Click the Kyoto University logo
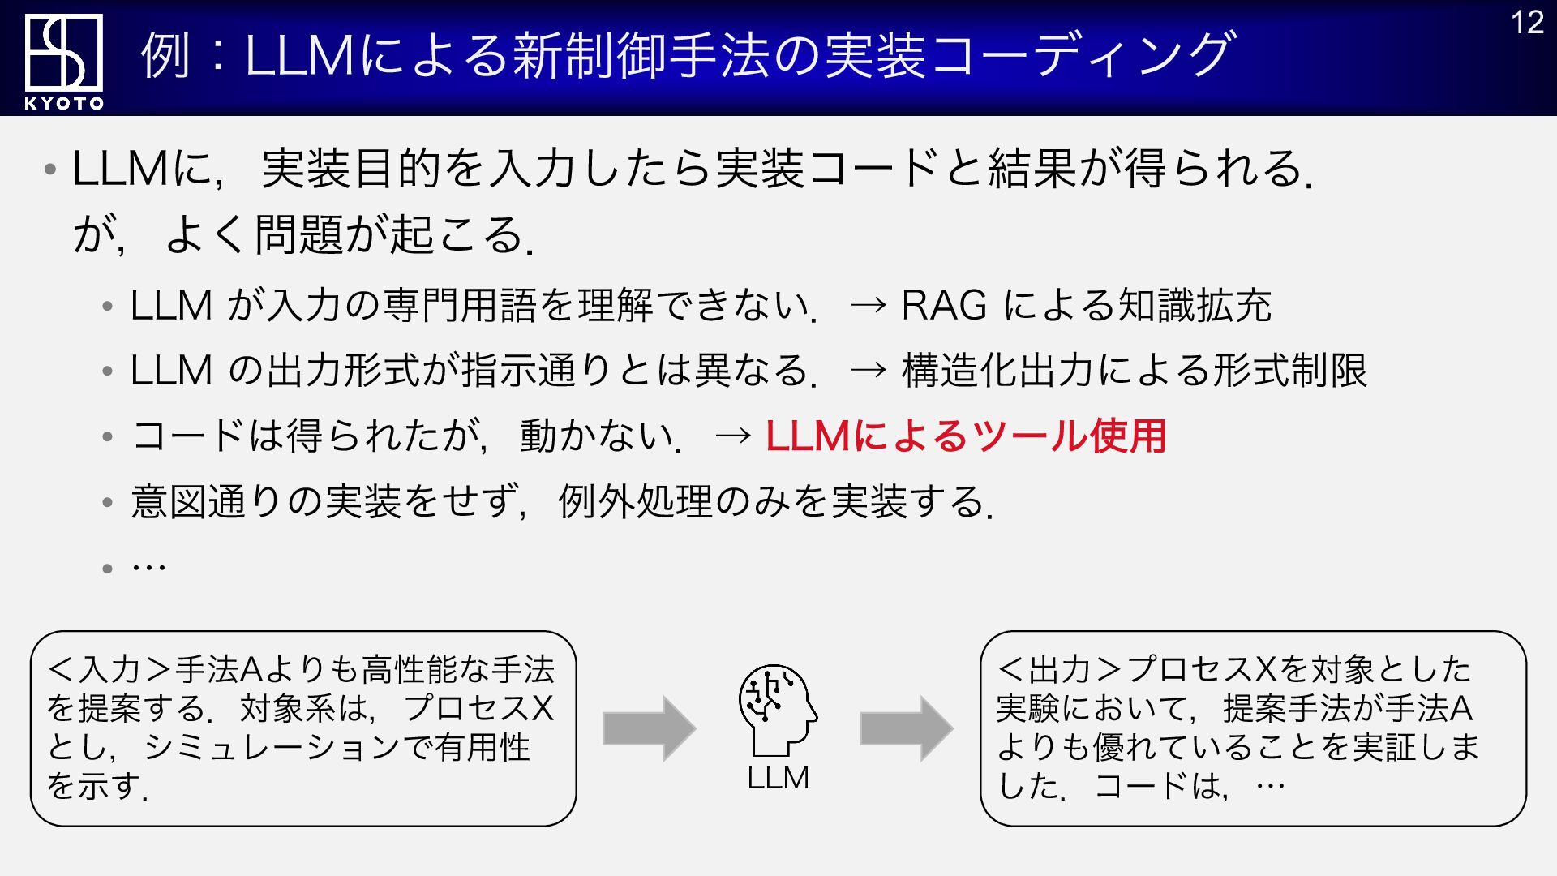63,53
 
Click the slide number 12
1527,23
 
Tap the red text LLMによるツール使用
965,436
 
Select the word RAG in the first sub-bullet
944,306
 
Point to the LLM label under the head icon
778,777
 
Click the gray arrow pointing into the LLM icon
649,728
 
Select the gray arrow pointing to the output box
906,728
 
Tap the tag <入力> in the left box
109,670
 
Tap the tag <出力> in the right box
1059,670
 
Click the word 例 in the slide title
166,55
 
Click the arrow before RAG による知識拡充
869,306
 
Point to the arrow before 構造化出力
869,371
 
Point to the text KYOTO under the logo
64,103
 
